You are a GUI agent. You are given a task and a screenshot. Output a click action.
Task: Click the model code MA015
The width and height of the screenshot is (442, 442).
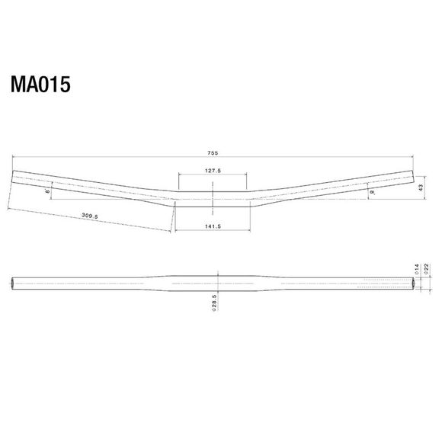click(40, 84)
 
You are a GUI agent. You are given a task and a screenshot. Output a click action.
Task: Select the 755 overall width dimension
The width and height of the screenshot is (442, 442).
click(213, 151)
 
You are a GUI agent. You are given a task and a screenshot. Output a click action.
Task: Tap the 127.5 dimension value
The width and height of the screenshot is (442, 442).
click(213, 171)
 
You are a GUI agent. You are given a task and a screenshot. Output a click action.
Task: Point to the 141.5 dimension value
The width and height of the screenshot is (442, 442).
click(213, 226)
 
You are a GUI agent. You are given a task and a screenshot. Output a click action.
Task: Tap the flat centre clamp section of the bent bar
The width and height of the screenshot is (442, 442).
click(213, 199)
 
